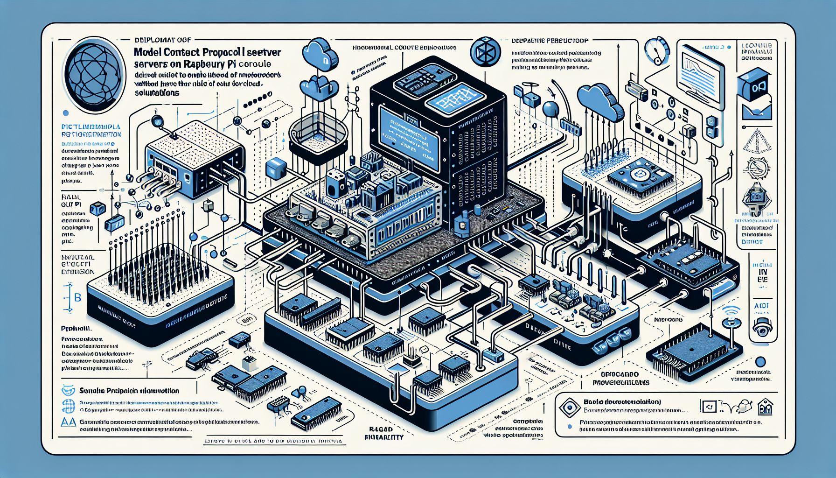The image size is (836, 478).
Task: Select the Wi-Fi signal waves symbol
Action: pyautogui.click(x=730, y=311)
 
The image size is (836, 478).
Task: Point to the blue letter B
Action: pyautogui.click(x=78, y=297)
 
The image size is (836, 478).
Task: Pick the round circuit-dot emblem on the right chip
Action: pyautogui.click(x=637, y=175)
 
